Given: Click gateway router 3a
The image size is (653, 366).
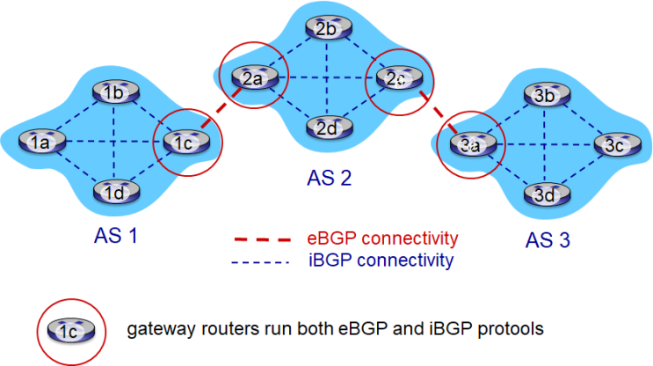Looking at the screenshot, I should click(471, 143).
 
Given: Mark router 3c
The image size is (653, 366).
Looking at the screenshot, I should click(613, 145).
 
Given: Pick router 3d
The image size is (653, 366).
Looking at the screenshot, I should click(542, 194).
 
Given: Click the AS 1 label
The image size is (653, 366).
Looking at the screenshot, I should click(116, 236).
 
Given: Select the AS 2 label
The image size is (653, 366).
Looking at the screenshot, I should click(330, 179).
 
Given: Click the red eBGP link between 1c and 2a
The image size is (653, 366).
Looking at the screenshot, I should click(216, 109).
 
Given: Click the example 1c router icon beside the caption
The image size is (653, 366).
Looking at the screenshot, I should click(71, 330).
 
